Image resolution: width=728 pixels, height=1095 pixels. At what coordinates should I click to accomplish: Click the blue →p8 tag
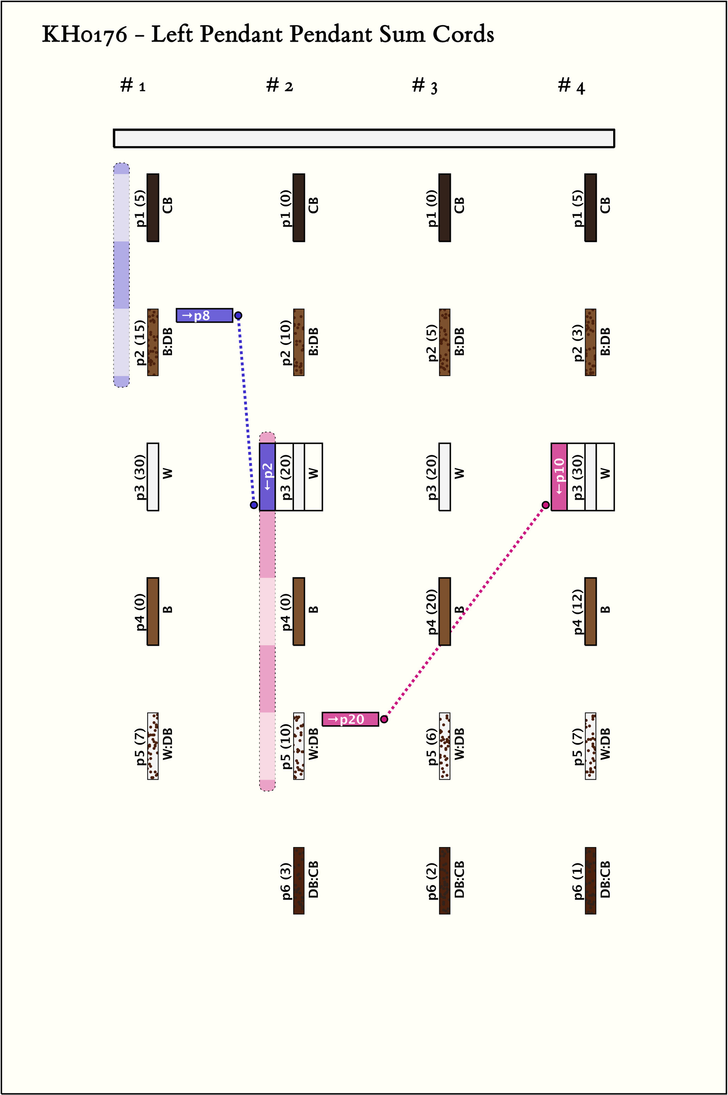pyautogui.click(x=204, y=315)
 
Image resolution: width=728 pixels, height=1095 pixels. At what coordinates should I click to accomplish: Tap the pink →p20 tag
pyautogui.click(x=350, y=719)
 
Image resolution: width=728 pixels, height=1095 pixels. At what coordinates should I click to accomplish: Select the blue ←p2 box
pyautogui.click(x=267, y=477)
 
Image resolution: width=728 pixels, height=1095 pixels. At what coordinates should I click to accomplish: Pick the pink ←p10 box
pyautogui.click(x=559, y=477)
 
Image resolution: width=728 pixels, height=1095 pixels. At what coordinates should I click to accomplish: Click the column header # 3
pyautogui.click(x=424, y=86)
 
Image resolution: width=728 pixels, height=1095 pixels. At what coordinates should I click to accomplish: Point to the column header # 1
pyautogui.click(x=133, y=86)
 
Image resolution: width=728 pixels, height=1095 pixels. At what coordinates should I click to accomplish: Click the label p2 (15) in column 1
pyautogui.click(x=140, y=343)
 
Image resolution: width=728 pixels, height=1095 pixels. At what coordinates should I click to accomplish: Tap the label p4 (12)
pyautogui.click(x=578, y=611)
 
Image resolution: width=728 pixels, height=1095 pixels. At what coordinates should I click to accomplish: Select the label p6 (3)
pyautogui.click(x=286, y=881)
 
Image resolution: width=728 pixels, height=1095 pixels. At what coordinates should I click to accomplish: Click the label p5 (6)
pyautogui.click(x=432, y=746)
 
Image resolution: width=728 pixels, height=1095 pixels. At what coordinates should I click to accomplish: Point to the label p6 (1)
pyautogui.click(x=578, y=881)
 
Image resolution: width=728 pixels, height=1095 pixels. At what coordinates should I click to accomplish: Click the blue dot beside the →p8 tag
pyautogui.click(x=238, y=315)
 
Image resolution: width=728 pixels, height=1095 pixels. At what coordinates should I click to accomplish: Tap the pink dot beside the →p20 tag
pyautogui.click(x=384, y=719)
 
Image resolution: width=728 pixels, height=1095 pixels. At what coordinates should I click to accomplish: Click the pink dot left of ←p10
pyautogui.click(x=546, y=505)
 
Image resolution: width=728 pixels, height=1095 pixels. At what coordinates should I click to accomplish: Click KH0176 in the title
pyautogui.click(x=85, y=35)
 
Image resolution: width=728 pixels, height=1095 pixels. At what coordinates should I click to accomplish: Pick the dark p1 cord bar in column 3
pyautogui.click(x=445, y=208)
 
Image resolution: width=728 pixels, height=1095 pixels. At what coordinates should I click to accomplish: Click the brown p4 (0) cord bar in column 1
pyautogui.click(x=153, y=611)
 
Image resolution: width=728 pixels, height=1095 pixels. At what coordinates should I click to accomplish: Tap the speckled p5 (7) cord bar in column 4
pyautogui.click(x=590, y=746)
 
